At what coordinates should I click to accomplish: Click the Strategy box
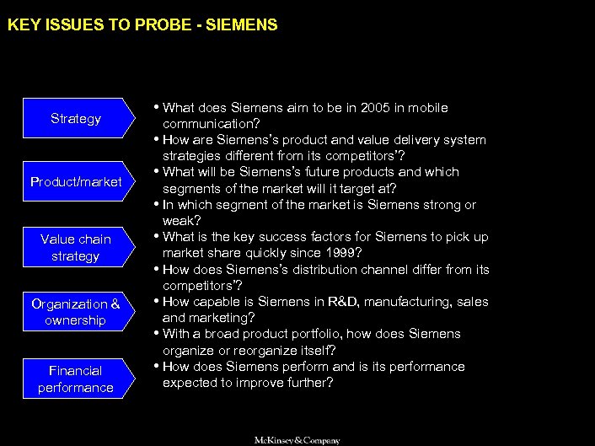point(76,119)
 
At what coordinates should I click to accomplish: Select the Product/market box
point(76,182)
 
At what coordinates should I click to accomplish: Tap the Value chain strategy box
point(76,247)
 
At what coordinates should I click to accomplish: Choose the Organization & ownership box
point(76,312)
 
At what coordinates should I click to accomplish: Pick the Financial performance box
point(76,379)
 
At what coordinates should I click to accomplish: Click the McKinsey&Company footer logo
point(297,440)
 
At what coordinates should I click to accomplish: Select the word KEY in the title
point(21,26)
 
